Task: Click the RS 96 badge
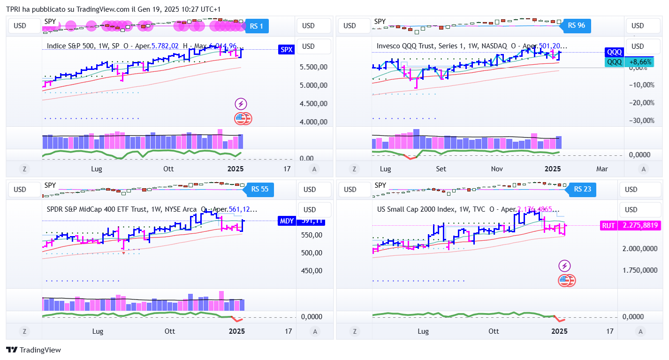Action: (x=576, y=25)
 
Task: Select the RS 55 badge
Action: (x=259, y=189)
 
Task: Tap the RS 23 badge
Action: (x=582, y=189)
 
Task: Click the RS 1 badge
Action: (x=256, y=26)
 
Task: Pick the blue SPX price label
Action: (x=286, y=49)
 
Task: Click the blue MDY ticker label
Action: (x=286, y=221)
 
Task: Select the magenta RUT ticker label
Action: (x=608, y=226)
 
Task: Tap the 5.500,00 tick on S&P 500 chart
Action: (x=313, y=67)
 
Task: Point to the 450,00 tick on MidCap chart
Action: (x=312, y=270)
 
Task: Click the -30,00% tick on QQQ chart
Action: (x=641, y=121)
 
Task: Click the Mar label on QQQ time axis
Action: (x=602, y=169)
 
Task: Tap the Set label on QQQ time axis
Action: (x=441, y=169)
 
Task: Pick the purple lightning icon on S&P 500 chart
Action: (x=241, y=104)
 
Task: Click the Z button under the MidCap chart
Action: (x=24, y=332)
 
